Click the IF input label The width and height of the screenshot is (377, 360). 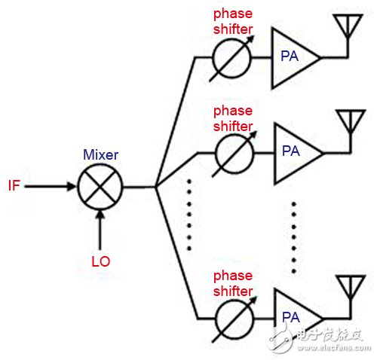14,185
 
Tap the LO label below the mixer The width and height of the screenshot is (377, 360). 100,261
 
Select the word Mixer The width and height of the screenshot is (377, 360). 100,154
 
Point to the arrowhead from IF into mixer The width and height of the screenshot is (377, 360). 72,186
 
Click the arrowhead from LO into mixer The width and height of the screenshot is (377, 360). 100,214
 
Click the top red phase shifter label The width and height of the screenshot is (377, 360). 233,22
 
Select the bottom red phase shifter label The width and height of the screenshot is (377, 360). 233,284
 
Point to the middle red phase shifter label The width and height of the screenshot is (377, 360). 233,118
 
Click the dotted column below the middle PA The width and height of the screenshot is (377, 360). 294,237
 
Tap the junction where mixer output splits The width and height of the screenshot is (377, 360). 156,187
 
